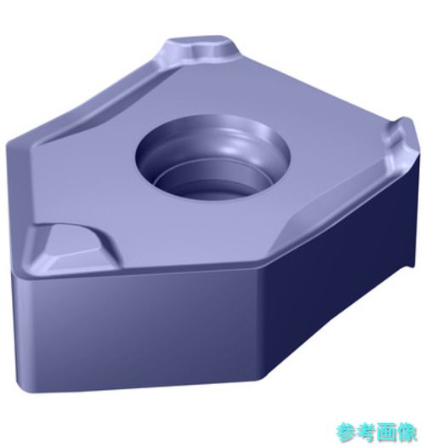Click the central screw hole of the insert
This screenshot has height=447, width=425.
[x=212, y=160]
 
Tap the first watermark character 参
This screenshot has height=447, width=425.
[x=346, y=433]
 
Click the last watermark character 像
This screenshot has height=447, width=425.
[x=406, y=433]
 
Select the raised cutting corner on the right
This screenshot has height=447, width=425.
[x=399, y=140]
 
